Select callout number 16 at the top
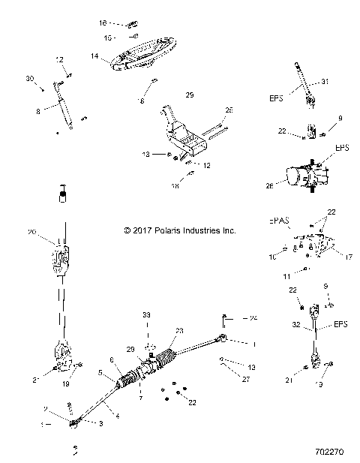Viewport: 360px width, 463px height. point(103,23)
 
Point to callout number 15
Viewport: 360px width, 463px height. point(108,37)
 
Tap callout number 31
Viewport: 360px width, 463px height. point(325,81)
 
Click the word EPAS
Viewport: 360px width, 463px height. point(280,222)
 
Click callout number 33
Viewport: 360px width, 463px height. point(146,313)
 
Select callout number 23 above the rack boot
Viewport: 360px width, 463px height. point(179,331)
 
